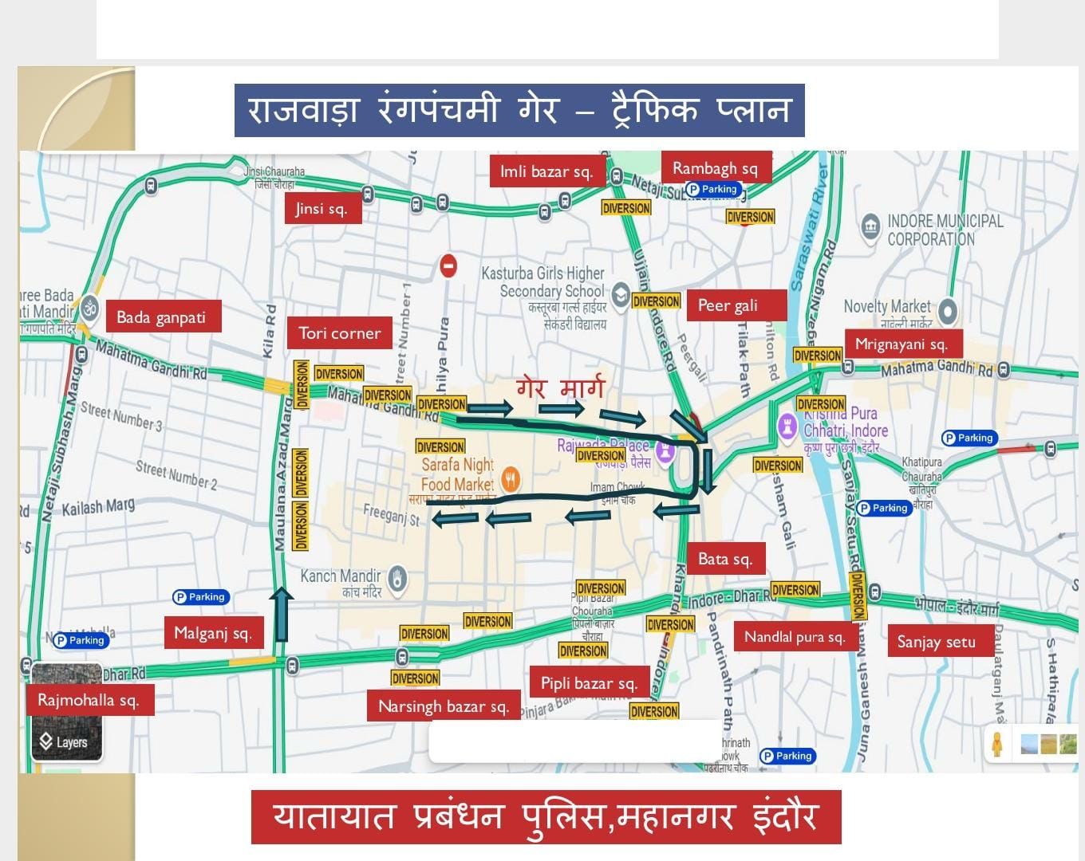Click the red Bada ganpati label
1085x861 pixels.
161,317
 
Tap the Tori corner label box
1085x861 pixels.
340,333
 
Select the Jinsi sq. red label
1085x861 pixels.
322,209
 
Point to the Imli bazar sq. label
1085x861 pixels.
546,171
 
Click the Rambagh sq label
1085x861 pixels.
715,168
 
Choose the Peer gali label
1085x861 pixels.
728,305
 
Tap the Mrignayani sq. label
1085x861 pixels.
902,344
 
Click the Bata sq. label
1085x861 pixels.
725,559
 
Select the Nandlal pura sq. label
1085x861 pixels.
795,637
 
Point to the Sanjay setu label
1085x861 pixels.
937,642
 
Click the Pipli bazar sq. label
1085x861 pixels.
589,683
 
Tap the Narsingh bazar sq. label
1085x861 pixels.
444,706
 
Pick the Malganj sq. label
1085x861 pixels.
213,633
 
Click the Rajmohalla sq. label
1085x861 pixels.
89,701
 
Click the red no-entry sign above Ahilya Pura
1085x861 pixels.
448,265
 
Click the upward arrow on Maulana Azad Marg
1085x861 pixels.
282,614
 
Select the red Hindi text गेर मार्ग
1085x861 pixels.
561,388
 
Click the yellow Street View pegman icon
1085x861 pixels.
997,743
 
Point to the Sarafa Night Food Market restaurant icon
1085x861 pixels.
511,478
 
